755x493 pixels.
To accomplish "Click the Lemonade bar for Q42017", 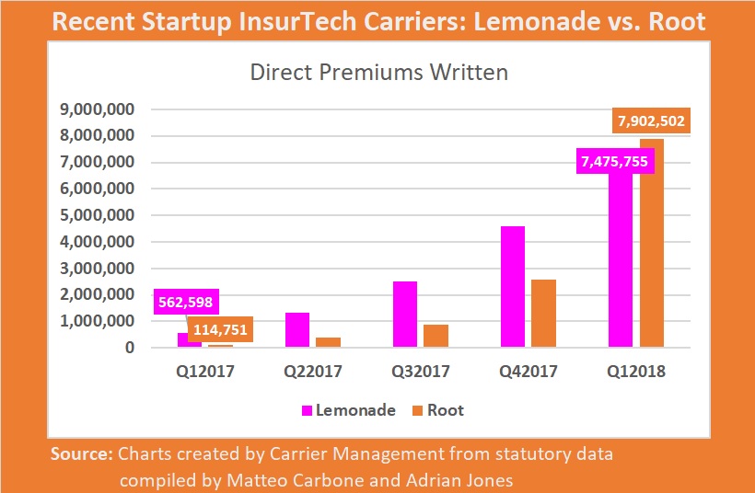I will tap(513, 287).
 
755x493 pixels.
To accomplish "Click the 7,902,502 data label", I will tap(649, 121).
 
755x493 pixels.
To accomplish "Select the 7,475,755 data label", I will tap(614, 162).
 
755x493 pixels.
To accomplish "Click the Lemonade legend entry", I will tap(349, 410).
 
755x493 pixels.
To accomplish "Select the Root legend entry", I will tap(436, 410).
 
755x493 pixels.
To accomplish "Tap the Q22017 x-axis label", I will tap(313, 373).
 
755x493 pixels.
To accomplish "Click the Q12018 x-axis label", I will tap(635, 373).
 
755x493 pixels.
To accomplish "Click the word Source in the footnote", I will tap(82, 453).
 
